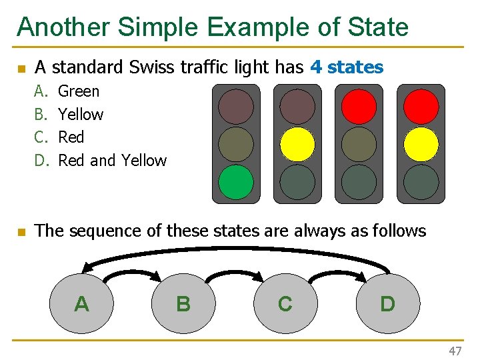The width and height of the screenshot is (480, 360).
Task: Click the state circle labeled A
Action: tap(81, 303)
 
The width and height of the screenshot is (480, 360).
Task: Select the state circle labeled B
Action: tap(183, 303)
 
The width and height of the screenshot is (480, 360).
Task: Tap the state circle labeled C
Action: tap(285, 303)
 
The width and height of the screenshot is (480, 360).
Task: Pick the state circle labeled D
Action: tap(387, 303)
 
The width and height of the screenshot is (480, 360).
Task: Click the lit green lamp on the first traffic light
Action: tap(236, 182)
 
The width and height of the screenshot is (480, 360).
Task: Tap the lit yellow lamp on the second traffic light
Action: tap(297, 144)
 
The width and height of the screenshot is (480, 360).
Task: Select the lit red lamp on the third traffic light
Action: tap(359, 107)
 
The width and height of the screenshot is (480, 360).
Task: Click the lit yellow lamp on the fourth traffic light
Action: tap(421, 144)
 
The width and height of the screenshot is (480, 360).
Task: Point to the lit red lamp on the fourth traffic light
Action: tap(421, 107)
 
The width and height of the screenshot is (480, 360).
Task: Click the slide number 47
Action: tap(455, 351)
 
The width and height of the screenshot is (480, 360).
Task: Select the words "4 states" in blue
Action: tap(347, 67)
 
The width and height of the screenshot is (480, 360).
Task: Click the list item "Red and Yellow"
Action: tap(112, 161)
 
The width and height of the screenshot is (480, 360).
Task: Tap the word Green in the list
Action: tap(79, 91)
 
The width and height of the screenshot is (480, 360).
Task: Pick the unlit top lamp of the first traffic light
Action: tap(236, 107)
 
